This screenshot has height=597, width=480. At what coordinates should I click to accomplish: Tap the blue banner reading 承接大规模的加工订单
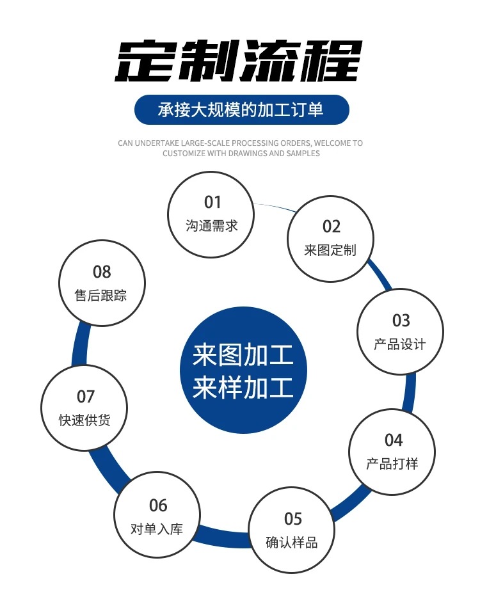click(241, 109)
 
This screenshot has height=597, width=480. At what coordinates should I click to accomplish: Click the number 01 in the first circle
click(212, 202)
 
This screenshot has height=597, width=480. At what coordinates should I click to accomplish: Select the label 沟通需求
click(212, 226)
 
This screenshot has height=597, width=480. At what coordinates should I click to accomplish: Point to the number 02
click(331, 226)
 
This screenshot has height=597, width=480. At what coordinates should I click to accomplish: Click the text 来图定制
click(330, 250)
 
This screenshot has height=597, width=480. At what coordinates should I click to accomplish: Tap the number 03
click(401, 320)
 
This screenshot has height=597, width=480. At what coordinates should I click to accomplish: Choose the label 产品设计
click(400, 344)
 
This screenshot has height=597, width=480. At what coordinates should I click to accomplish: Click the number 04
click(393, 440)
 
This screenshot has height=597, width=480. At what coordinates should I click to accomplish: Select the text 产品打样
click(392, 463)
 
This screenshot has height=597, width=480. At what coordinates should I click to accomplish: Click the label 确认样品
click(292, 543)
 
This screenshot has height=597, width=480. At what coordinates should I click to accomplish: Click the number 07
click(86, 397)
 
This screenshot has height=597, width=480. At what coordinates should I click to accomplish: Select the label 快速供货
click(85, 420)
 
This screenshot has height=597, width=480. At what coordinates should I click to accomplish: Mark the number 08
click(102, 272)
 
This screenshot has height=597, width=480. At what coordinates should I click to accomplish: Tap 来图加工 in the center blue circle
click(243, 355)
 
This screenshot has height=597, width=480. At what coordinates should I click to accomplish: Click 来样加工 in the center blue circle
click(243, 388)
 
